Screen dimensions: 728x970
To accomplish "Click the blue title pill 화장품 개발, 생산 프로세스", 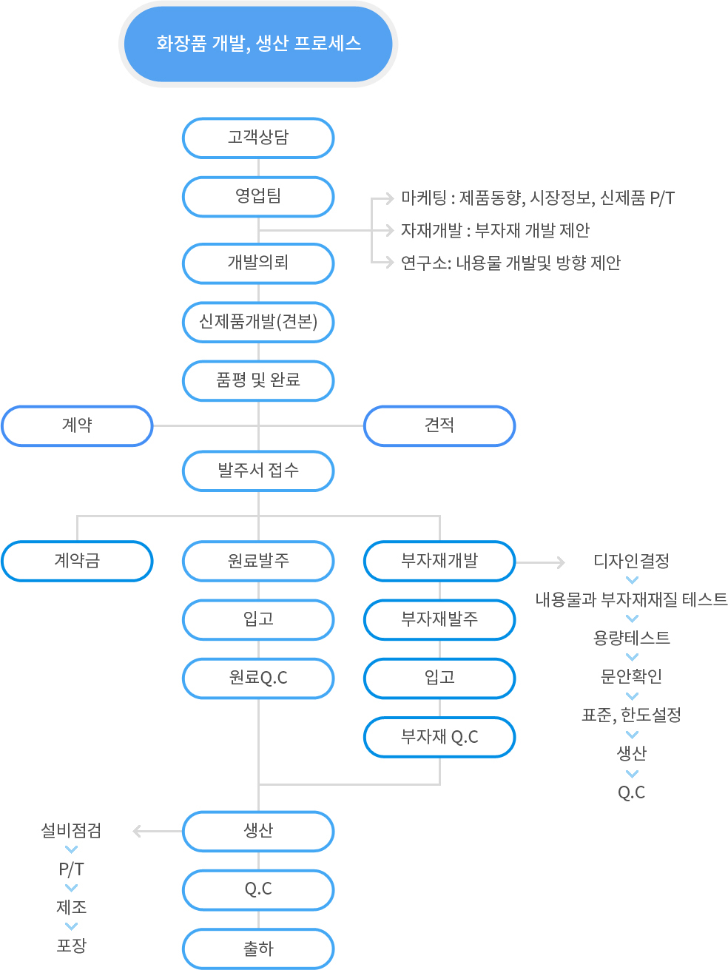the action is tap(258, 44).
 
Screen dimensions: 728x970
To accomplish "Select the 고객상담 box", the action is tap(258, 138).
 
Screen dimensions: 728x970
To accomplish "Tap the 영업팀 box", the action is tap(258, 197).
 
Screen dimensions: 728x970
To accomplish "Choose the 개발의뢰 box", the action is tap(258, 263).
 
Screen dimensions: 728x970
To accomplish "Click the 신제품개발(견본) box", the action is tap(258, 322).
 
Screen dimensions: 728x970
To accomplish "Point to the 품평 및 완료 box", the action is tap(258, 380).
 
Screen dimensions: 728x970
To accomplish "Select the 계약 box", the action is tap(77, 425).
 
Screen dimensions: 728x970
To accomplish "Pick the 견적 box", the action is tap(439, 425).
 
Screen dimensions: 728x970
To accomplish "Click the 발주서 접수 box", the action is tap(258, 471).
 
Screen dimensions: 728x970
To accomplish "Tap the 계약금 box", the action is tap(77, 561).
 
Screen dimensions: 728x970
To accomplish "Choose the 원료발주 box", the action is tap(258, 561).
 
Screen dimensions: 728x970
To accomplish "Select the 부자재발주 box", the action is tap(439, 619).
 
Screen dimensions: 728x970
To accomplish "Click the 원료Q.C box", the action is tap(258, 678).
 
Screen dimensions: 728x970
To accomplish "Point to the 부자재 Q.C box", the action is tap(439, 737).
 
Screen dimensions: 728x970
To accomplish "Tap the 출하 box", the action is tap(258, 949).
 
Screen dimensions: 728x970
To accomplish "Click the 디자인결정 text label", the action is tap(631, 561).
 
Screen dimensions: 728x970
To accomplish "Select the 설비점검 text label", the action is tap(71, 830).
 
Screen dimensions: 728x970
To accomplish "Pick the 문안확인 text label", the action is tap(631, 676).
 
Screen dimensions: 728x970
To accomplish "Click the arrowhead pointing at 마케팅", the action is tap(389, 199).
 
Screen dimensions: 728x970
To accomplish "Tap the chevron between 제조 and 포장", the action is tap(71, 926).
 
